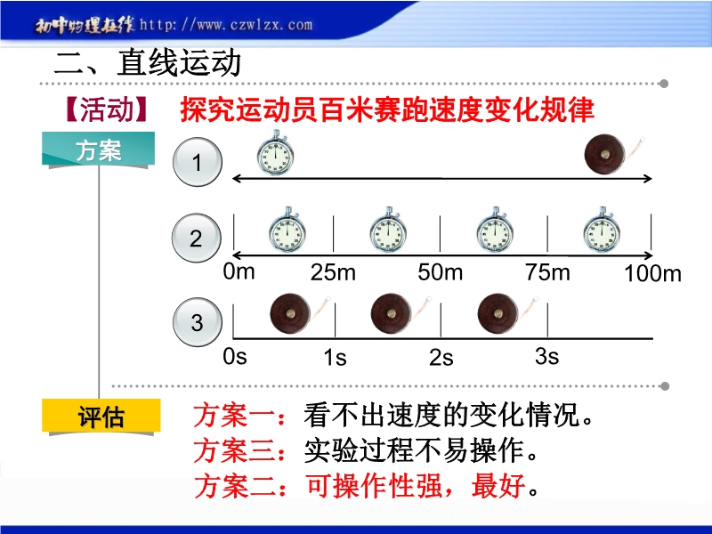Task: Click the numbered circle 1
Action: tap(197, 162)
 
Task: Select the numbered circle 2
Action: tap(197, 238)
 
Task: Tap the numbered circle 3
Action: tap(197, 322)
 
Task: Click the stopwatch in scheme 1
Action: tap(275, 153)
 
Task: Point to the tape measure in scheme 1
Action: tap(614, 153)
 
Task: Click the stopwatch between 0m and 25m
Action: tap(287, 231)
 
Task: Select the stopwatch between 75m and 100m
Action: tap(602, 231)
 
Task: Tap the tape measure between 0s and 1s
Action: tap(300, 313)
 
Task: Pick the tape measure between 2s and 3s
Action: tap(507, 313)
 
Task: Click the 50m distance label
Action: tap(440, 272)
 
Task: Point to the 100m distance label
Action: tap(652, 273)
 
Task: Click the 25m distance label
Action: tap(333, 272)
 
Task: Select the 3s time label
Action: tap(546, 357)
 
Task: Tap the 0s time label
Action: tap(235, 357)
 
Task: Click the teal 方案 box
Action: tap(99, 149)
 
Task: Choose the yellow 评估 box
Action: tap(101, 416)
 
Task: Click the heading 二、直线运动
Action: tap(147, 62)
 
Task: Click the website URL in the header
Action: tap(226, 25)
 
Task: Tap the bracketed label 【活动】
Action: tap(106, 109)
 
